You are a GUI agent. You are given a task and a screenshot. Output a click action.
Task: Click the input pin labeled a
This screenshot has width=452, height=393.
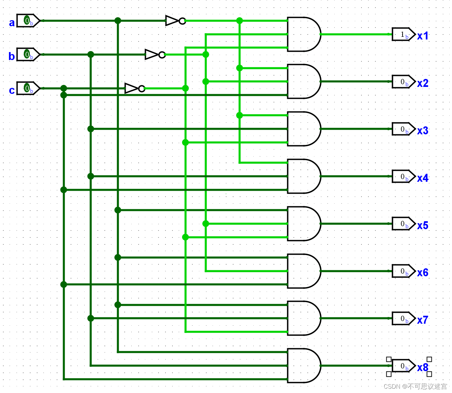pos(28,21)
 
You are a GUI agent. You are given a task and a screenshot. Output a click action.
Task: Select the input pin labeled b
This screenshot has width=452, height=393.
pos(28,54)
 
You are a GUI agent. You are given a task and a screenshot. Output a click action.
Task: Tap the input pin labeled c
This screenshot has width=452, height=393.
pos(28,88)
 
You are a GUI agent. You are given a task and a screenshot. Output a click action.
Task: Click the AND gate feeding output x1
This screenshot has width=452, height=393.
pos(303,34)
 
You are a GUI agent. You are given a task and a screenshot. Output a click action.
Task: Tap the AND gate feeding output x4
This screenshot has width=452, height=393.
pos(303,176)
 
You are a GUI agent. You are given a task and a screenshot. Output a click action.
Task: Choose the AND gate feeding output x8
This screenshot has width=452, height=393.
pos(303,365)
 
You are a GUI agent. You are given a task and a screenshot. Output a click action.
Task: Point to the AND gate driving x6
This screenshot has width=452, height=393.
pos(303,271)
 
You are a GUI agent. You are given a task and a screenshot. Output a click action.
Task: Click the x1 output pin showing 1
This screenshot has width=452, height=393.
pos(403,34)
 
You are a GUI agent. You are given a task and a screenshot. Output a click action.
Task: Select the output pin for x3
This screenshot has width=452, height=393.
pos(403,129)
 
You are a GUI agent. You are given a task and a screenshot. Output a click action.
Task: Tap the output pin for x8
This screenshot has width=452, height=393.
pos(403,366)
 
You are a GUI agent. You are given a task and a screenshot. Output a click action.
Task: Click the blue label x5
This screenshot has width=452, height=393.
pos(423,226)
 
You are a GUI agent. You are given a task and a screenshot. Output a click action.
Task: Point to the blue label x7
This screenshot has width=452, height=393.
pos(423,320)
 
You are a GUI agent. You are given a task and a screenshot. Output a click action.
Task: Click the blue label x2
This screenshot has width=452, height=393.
pos(423,83)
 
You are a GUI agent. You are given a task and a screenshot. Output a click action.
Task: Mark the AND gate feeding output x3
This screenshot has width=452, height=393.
pos(303,129)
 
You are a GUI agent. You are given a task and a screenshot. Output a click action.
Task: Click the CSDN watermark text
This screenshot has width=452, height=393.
pos(415,386)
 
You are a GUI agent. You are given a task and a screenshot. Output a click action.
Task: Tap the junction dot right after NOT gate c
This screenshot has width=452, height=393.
pos(185,88)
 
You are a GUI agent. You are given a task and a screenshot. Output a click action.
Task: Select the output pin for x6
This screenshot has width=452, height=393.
pos(403,271)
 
